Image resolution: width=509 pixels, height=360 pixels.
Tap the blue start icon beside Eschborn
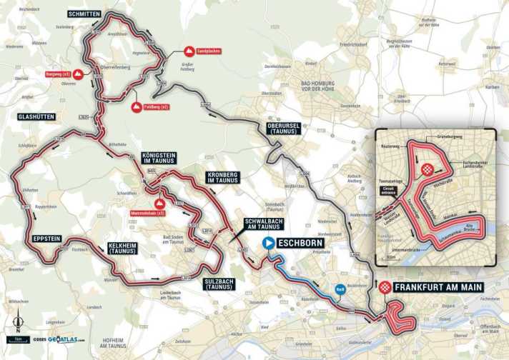tap(269, 243)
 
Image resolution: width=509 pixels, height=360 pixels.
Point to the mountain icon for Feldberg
tap(136, 106)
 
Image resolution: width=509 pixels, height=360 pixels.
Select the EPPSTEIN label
tap(47, 237)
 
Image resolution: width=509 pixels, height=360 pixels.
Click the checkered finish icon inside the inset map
tap(427, 169)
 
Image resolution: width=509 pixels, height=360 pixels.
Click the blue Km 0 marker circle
tap(340, 290)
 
